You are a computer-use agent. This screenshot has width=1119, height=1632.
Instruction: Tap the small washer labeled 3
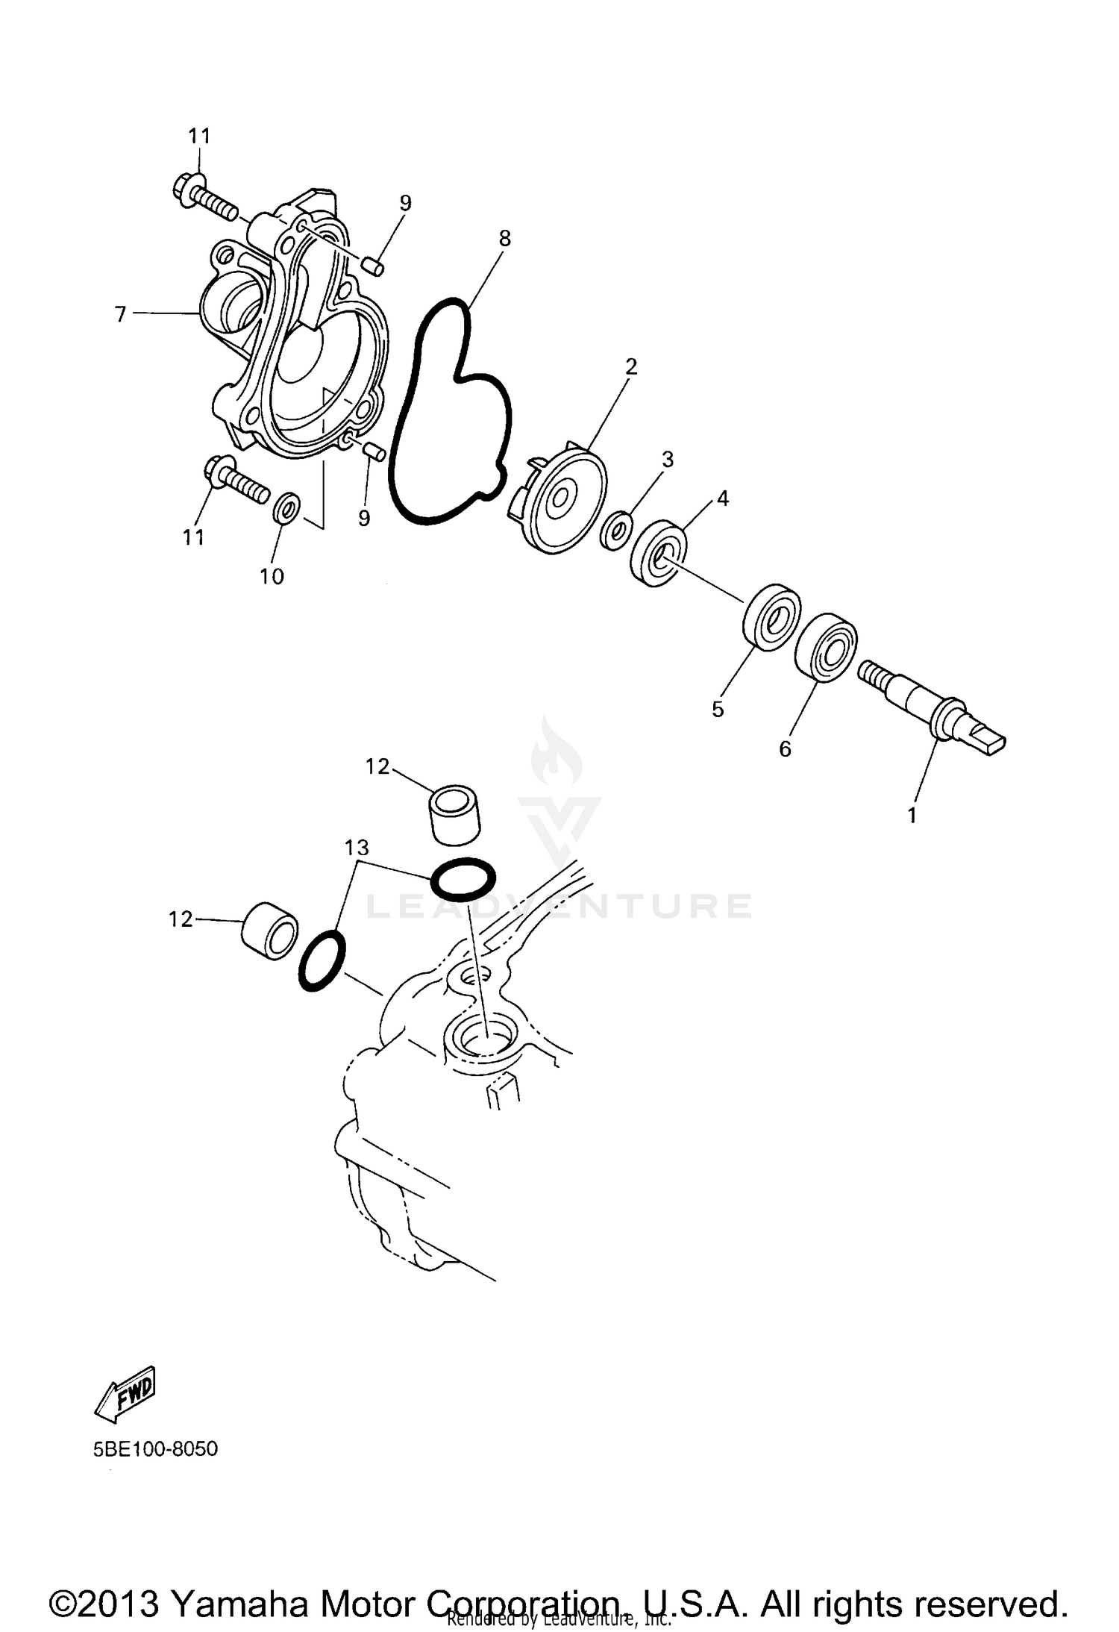616,530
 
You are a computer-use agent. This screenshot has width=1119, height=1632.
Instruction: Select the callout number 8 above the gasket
505,239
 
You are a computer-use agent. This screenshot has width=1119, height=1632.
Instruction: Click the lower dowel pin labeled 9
374,451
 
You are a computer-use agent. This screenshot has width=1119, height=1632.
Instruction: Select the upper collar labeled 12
454,814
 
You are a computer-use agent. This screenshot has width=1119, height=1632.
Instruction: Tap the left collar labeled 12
269,929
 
